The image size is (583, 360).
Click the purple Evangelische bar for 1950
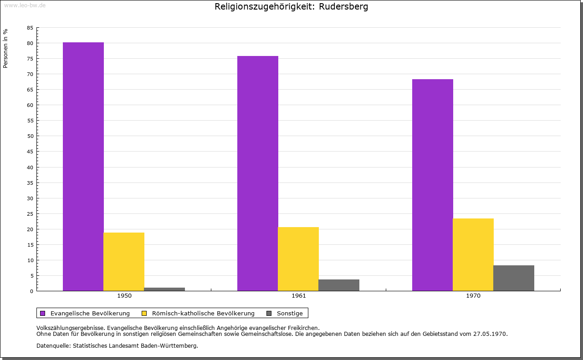[x=83, y=166]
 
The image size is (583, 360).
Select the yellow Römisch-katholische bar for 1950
[x=124, y=262]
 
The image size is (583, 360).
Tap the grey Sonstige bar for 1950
[x=164, y=289]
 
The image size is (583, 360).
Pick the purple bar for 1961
[x=258, y=173]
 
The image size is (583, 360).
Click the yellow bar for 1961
[x=298, y=259]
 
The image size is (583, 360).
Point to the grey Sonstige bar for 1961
[x=339, y=285]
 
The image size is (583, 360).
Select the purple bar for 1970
[x=433, y=185]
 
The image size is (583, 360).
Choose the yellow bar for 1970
[x=473, y=254]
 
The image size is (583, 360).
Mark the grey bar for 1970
[x=514, y=278]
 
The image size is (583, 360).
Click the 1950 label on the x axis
[x=124, y=296]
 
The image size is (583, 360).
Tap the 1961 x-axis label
[x=299, y=296]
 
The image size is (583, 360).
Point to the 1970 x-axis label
[x=473, y=296]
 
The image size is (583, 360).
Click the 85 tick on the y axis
[x=30, y=28]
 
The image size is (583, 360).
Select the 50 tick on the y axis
[x=30, y=136]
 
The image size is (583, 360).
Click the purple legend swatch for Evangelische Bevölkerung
[x=43, y=313]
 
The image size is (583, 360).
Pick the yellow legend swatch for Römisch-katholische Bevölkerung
[x=144, y=313]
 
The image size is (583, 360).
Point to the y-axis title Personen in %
[x=5, y=48]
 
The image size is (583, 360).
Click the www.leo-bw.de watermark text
[x=25, y=5]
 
